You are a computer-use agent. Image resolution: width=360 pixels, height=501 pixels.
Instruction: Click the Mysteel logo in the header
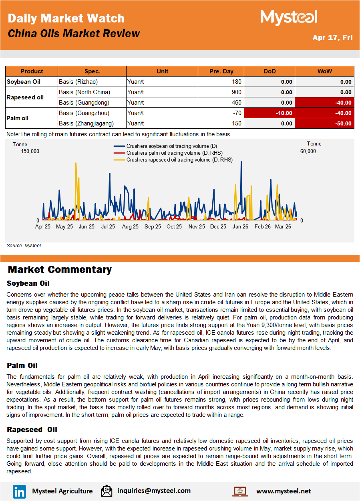[x=289, y=18]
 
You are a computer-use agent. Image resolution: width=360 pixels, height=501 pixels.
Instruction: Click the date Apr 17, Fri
[x=332, y=38]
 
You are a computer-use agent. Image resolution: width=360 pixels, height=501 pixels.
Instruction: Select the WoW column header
[x=324, y=71]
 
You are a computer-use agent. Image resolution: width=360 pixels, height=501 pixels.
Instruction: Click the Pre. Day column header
[x=221, y=71]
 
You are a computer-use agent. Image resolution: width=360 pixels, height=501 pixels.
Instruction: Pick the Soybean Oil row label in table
[x=24, y=82]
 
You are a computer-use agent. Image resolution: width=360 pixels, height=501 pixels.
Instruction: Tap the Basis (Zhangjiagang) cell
[x=86, y=123]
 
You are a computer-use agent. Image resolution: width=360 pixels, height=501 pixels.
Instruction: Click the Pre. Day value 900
[x=236, y=92]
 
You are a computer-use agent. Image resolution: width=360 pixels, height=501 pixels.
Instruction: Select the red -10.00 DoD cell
[x=269, y=113]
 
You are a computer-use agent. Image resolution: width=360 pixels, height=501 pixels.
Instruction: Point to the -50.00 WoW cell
[x=324, y=123]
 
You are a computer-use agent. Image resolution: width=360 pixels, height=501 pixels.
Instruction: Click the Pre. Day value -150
[x=234, y=123]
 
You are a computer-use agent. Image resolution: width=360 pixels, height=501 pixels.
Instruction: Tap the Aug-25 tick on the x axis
[x=130, y=227]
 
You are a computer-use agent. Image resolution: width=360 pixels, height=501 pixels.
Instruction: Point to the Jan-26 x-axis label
[x=240, y=227]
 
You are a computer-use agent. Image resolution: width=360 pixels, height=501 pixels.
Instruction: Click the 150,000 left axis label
[x=30, y=151]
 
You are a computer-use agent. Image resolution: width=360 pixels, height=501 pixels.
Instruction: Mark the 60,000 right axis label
[x=308, y=151]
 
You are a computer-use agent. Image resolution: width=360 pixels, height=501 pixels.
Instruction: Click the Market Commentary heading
[x=60, y=270]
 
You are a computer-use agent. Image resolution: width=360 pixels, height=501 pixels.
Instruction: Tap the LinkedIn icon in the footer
[x=19, y=491]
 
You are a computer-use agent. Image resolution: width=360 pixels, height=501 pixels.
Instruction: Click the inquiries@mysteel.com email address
[x=154, y=491]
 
